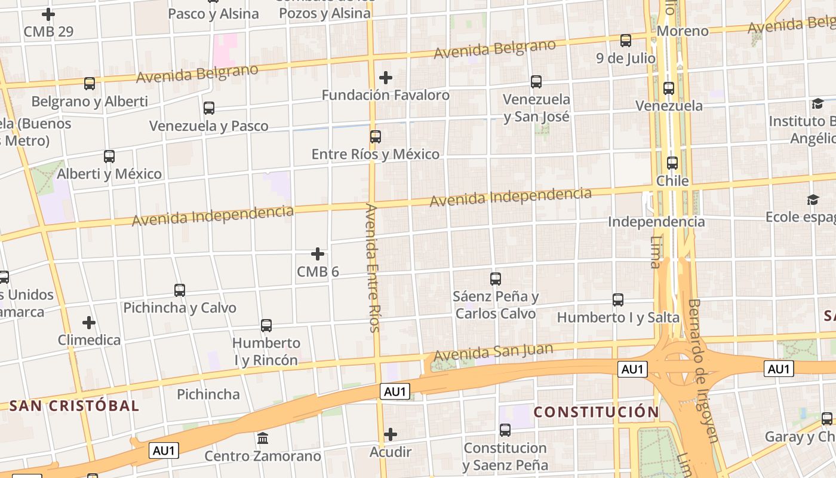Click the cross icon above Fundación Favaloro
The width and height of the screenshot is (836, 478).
(386, 78)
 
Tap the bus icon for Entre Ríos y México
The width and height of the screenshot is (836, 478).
(376, 137)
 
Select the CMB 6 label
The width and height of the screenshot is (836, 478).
(318, 272)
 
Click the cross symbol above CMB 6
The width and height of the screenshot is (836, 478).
(318, 255)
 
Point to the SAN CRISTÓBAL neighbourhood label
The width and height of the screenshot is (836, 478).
(74, 406)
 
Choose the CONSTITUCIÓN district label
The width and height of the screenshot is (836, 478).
(596, 412)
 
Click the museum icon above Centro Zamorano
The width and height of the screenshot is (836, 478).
(263, 439)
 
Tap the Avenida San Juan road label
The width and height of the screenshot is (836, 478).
(493, 352)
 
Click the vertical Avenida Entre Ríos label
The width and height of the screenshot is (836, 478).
(373, 268)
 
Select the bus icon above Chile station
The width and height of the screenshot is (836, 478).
(672, 163)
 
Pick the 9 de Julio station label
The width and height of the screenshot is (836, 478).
(626, 59)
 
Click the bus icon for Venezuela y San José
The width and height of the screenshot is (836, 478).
(536, 82)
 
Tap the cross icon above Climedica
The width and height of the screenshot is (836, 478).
(89, 323)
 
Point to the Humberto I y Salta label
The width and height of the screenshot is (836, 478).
(618, 317)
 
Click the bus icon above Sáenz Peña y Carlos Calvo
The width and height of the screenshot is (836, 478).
(496, 279)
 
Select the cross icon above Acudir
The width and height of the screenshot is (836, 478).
(391, 434)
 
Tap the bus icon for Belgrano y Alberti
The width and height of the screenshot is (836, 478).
(90, 84)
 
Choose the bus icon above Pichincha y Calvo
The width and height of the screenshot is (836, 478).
(180, 290)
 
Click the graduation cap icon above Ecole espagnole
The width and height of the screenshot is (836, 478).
(813, 200)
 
